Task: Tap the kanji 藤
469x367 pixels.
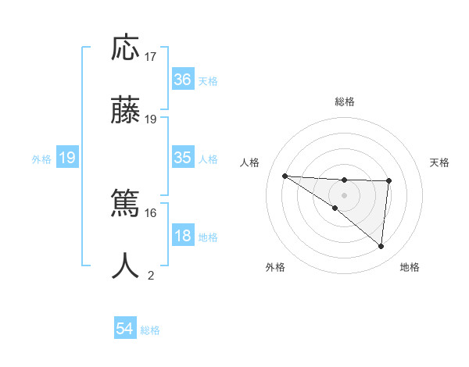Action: tap(125, 112)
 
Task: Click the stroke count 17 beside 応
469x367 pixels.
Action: tap(151, 57)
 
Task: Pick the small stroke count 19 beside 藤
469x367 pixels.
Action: tap(151, 119)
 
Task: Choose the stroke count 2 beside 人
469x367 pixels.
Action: tap(151, 275)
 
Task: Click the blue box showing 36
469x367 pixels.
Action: tap(182, 80)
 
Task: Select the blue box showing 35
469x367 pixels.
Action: tap(182, 158)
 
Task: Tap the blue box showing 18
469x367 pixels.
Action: tap(182, 236)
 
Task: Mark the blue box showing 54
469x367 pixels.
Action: tap(125, 330)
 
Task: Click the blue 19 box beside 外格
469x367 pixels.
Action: tap(67, 158)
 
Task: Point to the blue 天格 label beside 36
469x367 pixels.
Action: tap(208, 80)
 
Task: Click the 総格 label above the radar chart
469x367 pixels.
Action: tap(345, 102)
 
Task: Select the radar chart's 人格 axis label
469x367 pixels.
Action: tap(250, 162)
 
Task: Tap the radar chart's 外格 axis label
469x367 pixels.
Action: tap(275, 267)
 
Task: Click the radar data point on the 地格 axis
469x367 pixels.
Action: tap(381, 247)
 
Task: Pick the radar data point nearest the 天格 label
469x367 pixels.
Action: tap(388, 181)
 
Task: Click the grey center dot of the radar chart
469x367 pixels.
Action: tap(344, 194)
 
